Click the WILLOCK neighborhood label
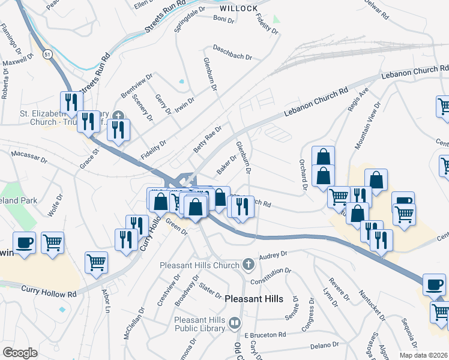(239, 8)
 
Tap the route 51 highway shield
(47, 55)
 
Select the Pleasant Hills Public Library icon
(235, 323)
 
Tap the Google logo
(20, 352)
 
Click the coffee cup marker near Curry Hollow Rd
(24, 243)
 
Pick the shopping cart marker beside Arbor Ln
(96, 262)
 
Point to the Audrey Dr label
(274, 256)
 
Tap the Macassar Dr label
(29, 157)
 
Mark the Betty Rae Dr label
(207, 137)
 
